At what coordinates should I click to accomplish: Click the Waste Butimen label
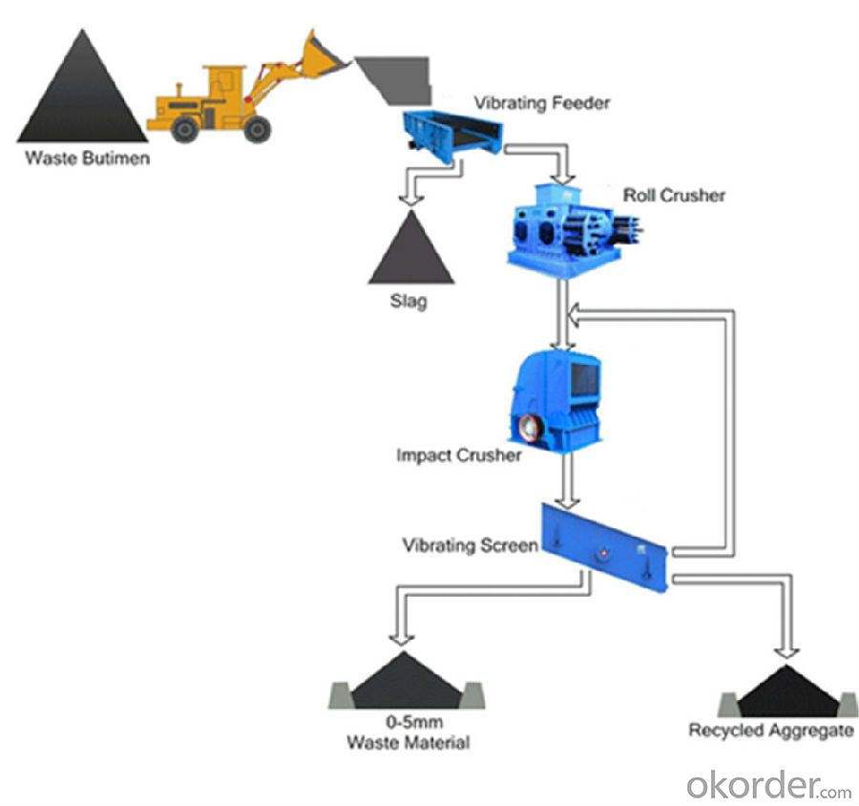[87, 159]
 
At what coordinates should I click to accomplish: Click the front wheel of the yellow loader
[257, 128]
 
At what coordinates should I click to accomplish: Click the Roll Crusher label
[674, 195]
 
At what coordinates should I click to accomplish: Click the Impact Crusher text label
[459, 456]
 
